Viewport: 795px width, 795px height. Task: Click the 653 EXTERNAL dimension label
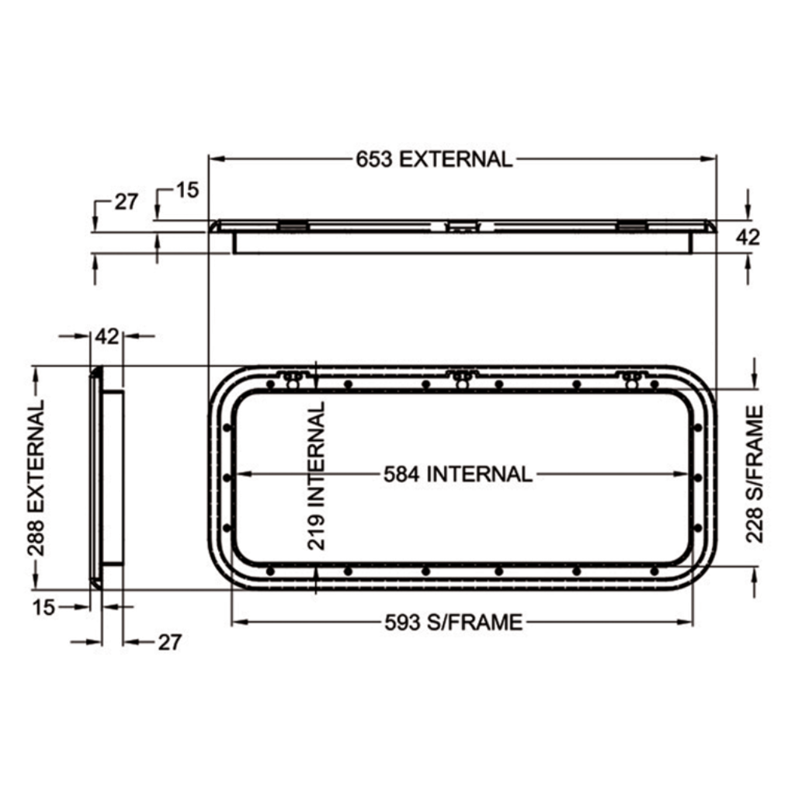click(434, 159)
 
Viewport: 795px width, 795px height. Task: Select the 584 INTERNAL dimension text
click(458, 474)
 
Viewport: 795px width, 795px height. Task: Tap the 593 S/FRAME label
click(453, 622)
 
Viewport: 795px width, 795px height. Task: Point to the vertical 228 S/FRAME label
click(755, 474)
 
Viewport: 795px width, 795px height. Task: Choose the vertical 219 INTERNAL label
click(317, 476)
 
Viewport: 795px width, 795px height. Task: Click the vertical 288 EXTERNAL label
click(36, 478)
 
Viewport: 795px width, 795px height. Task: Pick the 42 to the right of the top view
click(748, 237)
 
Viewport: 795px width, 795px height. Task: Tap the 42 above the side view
click(107, 336)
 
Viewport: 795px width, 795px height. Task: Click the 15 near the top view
click(188, 190)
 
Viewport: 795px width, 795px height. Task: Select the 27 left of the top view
click(126, 202)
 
